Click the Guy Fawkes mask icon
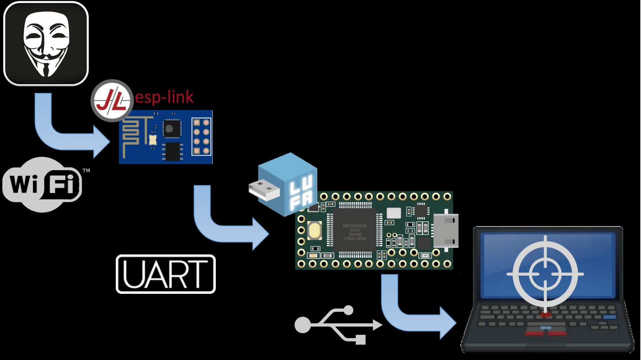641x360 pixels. (46, 44)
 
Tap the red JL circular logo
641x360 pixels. (112, 101)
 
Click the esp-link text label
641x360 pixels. (164, 97)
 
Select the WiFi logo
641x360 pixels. (42, 184)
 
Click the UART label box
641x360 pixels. (166, 274)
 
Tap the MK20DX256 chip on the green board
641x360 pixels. (354, 232)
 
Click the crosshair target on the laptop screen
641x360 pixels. (545, 273)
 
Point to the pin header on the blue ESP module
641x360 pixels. (201, 137)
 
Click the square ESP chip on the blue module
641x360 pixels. (172, 128)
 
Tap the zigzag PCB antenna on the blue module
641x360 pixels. (131, 136)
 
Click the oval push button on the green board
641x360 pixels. (314, 231)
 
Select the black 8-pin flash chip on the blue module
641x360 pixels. (172, 152)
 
